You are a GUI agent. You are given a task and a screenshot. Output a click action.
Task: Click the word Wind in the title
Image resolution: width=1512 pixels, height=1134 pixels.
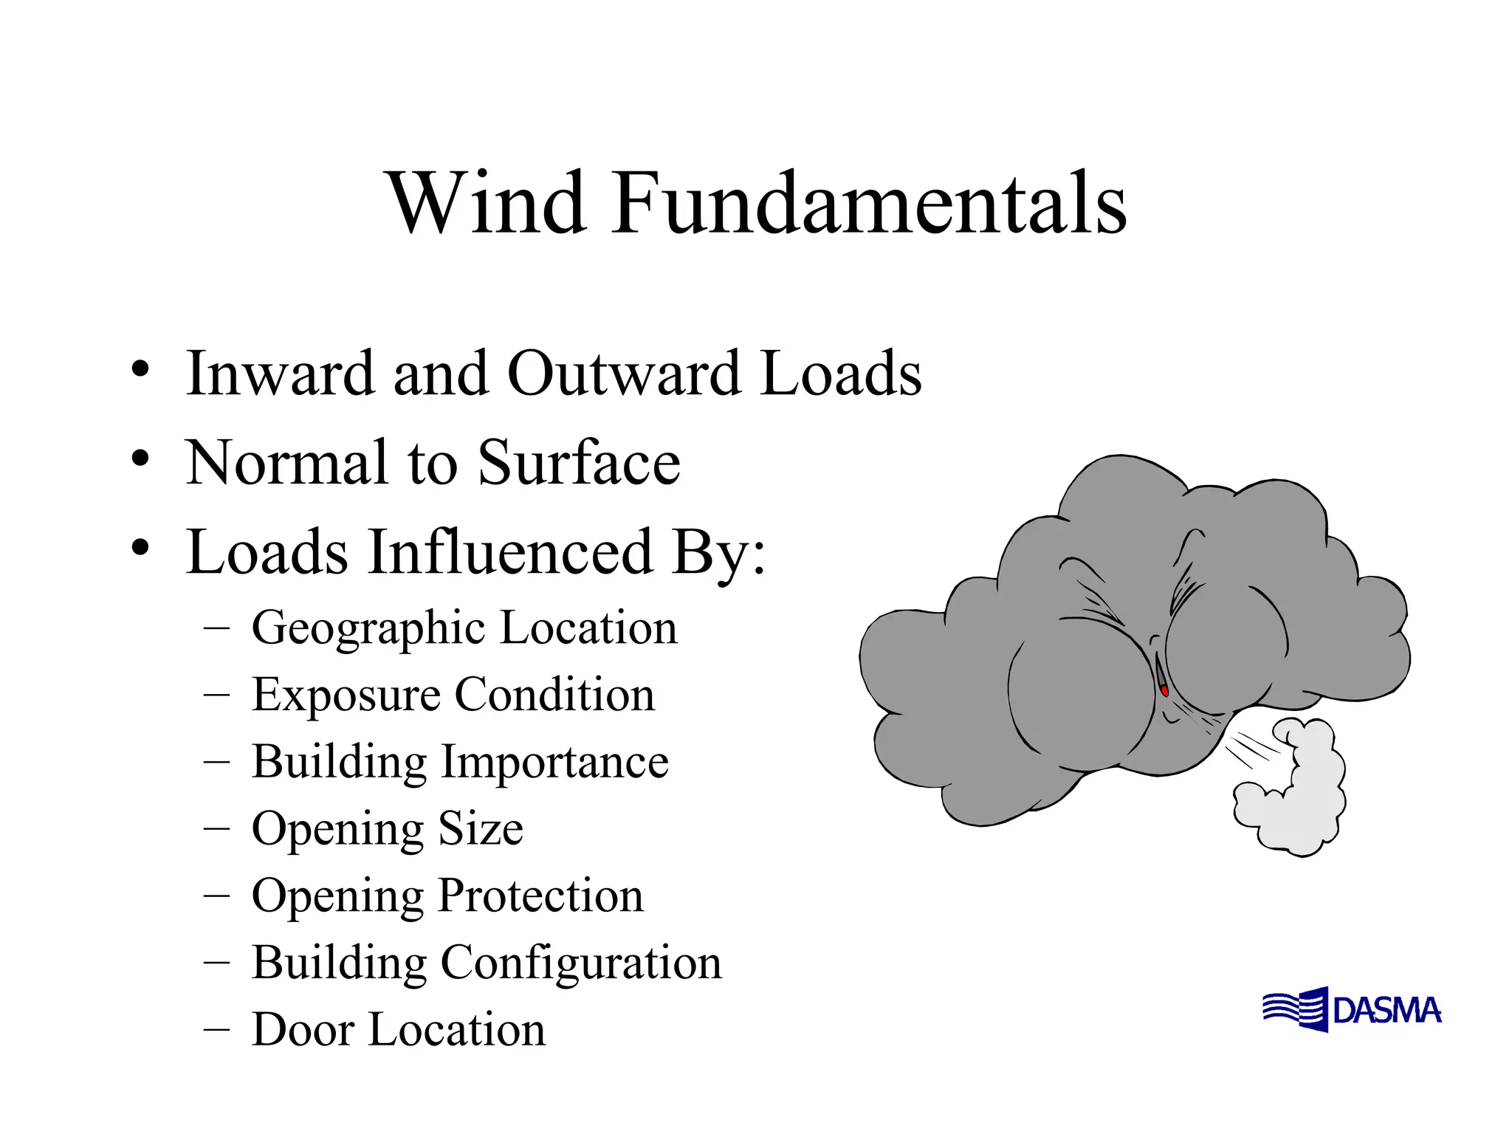pos(487,202)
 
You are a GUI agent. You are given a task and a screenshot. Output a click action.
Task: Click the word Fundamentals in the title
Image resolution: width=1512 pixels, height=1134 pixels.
pos(868,202)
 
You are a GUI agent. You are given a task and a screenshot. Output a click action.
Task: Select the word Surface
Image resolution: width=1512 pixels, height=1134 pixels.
pos(579,463)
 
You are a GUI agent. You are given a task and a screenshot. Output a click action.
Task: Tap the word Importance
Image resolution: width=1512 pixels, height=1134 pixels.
pos(554,761)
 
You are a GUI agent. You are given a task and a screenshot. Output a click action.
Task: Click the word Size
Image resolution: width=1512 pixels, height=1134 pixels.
pos(481,828)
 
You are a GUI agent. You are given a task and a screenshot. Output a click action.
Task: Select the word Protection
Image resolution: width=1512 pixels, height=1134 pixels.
pos(541,896)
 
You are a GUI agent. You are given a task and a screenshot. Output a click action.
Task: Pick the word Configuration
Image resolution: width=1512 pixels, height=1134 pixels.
pos(581,963)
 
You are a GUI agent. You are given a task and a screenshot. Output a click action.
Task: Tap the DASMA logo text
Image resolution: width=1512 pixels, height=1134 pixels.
pos(1386,1011)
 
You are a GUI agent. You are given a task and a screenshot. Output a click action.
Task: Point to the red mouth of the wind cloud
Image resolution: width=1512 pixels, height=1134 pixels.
pos(1164,691)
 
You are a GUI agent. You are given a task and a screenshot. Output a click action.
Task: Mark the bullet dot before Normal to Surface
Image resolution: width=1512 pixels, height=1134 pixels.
pos(140,459)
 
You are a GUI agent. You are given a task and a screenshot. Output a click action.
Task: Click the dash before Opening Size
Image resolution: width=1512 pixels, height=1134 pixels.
pos(216,828)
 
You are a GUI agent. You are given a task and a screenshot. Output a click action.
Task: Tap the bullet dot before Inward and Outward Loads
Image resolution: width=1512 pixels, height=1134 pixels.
pos(140,369)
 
